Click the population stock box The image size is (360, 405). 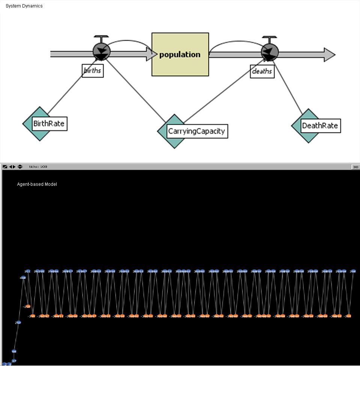pyautogui.click(x=180, y=54)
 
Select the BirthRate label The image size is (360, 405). pyautogui.click(x=49, y=124)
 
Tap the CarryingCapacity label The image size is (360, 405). pyautogui.click(x=197, y=131)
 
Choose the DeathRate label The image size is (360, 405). pyautogui.click(x=320, y=126)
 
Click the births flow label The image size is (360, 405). pyautogui.click(x=93, y=71)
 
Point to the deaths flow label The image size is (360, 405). pyautogui.click(x=262, y=71)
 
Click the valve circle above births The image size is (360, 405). pyautogui.click(x=101, y=51)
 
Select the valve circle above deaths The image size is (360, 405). pyautogui.click(x=270, y=51)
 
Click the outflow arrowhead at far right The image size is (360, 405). pyautogui.click(x=329, y=54)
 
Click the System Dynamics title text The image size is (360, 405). pyautogui.click(x=24, y=6)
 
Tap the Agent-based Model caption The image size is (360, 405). pyautogui.click(x=37, y=184)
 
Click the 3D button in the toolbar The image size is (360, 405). pyautogui.click(x=355, y=167)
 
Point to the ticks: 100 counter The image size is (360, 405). pyautogui.click(x=38, y=167)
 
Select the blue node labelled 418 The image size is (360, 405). pyautogui.click(x=23, y=278)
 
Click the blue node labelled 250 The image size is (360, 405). pyautogui.click(x=18, y=322)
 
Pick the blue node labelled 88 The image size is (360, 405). pyautogui.click(x=14, y=351)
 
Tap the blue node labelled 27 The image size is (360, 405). pyautogui.click(x=14, y=361)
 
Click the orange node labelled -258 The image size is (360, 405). pyautogui.click(x=27, y=306)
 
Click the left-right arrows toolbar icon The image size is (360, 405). pyautogui.click(x=12, y=167)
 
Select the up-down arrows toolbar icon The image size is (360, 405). pyautogui.click(x=20, y=167)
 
